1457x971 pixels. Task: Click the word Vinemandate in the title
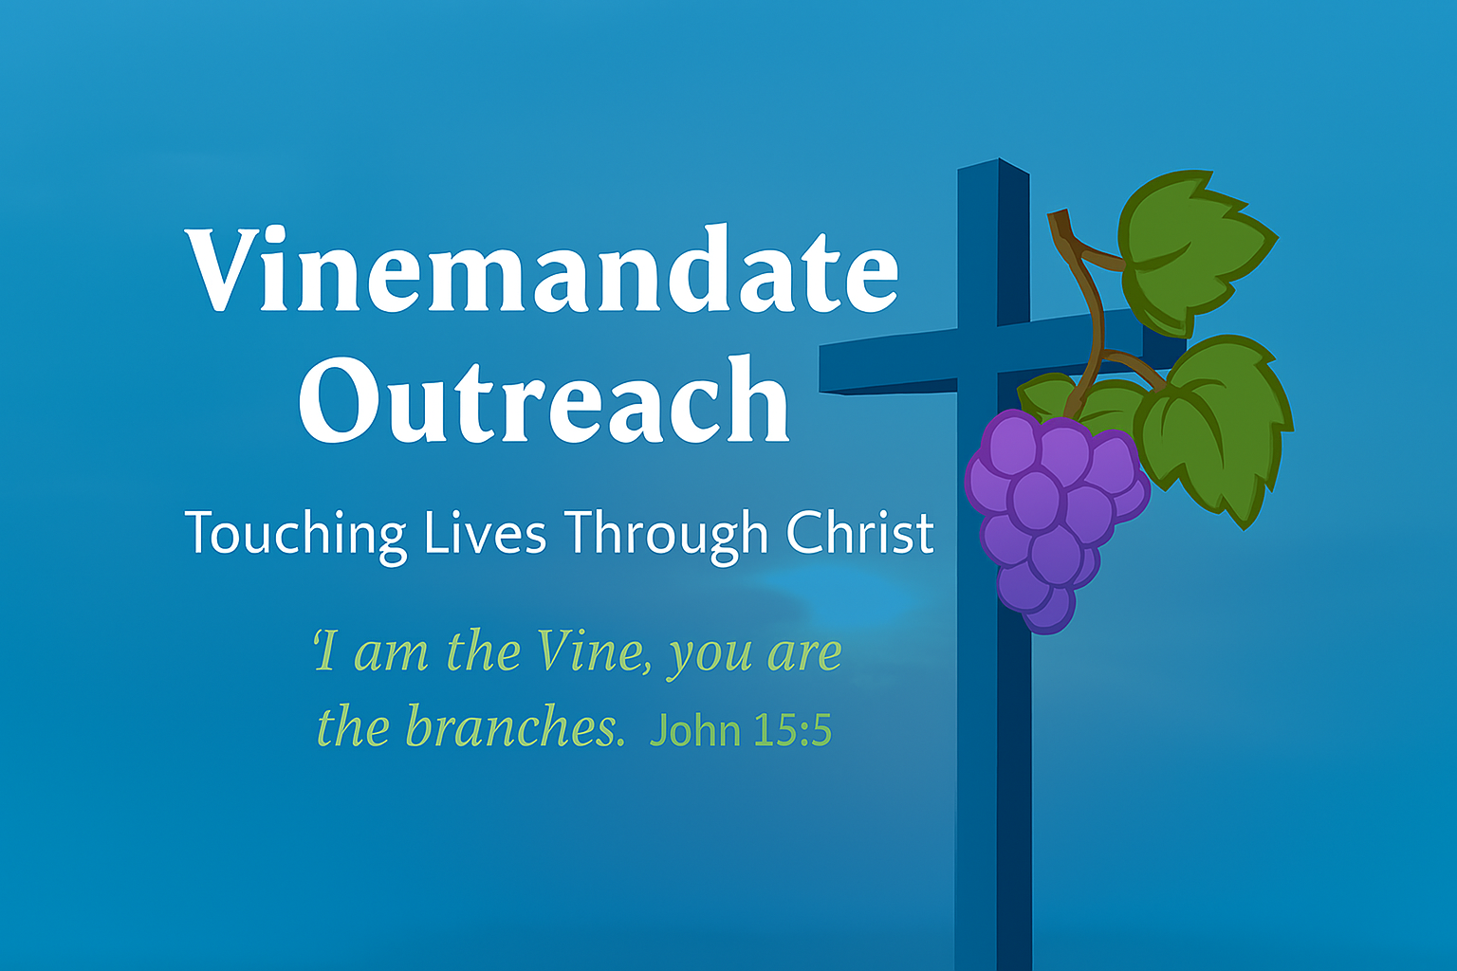pos(542,268)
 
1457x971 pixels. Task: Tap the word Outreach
pos(544,399)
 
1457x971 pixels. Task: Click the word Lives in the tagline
pos(485,531)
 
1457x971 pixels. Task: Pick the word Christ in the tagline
pos(860,531)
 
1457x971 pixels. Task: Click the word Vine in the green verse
pos(591,651)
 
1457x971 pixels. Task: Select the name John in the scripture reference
pos(695,731)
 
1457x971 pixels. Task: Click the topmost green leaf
pos(1195,252)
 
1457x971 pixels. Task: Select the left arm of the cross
pos(889,363)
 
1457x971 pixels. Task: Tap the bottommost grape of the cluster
pos(1048,612)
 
